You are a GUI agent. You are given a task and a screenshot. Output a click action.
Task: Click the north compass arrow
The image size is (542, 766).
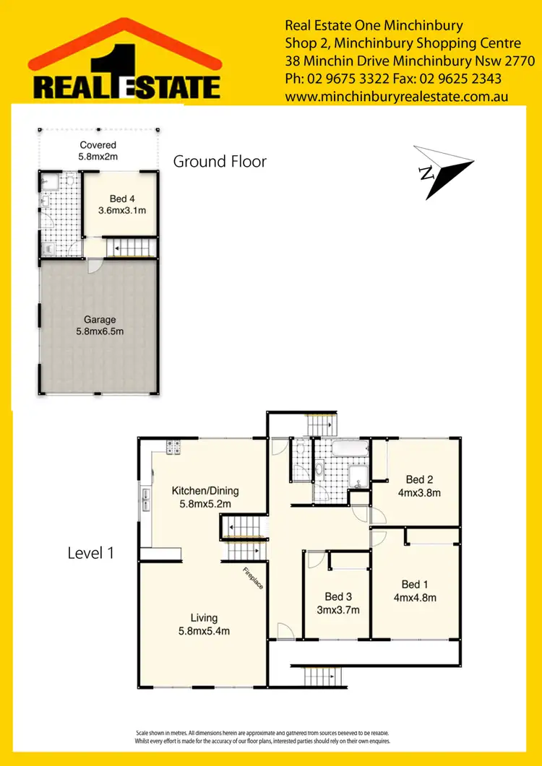pos(442,170)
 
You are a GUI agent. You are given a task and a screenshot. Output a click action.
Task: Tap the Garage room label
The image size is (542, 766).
pos(99,320)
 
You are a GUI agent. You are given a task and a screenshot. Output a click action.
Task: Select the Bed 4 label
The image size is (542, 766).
pos(122,199)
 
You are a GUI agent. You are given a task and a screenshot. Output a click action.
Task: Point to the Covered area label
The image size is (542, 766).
pos(98,145)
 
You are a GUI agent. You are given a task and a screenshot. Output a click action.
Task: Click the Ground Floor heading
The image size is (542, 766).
pos(220,162)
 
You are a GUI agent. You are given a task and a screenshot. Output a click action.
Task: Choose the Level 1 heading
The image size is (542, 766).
pos(91,554)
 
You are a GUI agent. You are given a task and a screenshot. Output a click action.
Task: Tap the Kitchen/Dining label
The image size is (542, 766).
pos(205,491)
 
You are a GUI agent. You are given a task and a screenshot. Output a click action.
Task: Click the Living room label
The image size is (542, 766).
pos(204,618)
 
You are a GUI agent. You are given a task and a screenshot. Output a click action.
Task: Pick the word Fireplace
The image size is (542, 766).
pos(252,579)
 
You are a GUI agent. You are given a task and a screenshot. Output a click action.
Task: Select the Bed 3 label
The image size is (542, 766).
pos(338,596)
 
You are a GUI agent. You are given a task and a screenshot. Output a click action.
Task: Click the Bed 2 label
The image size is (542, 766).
pos(419,480)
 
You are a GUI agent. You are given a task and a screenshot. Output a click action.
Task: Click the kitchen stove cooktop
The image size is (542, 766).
pos(173,448)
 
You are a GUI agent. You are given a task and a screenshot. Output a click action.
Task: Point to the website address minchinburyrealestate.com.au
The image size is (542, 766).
pos(397,96)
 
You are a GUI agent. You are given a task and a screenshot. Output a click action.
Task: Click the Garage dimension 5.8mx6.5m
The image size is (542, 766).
pos(99,332)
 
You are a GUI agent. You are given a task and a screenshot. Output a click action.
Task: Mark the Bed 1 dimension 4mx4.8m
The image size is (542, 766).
pos(415,597)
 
